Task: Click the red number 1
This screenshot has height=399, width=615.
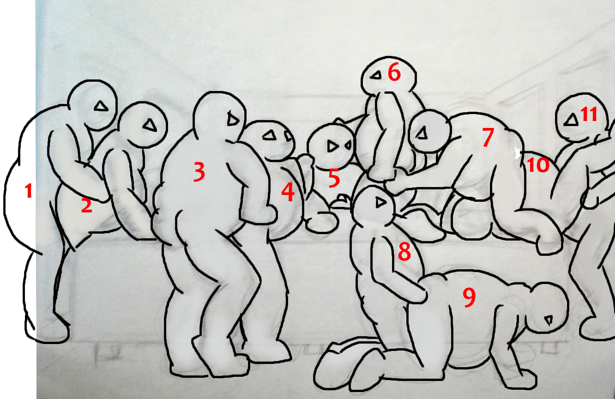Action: pos(29,191)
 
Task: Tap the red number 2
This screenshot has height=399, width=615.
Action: pos(87,206)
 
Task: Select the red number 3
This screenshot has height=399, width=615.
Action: pos(199,172)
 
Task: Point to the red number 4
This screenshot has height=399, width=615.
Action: pos(288,192)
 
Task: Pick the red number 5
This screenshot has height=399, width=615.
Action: pos(334,178)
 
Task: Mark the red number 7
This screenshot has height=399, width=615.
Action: pos(488,137)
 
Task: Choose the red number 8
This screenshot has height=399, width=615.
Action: pos(404,251)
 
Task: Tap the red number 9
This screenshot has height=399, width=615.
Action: pos(469,297)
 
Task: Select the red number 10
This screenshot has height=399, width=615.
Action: pos(538,165)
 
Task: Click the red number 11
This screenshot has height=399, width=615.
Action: pos(589,114)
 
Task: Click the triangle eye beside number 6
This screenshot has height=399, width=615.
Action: pos(376,75)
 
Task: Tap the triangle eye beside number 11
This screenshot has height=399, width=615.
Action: pos(571,121)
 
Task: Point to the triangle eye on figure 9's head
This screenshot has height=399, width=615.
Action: pos(549,320)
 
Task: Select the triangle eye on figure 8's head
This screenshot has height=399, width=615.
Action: pos(380,203)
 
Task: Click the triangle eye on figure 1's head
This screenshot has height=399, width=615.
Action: pos(101,106)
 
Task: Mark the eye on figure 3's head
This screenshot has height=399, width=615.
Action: pos(233,120)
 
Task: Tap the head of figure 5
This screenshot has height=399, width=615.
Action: pos(331,145)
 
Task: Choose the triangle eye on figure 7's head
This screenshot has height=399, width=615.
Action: pos(422,133)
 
